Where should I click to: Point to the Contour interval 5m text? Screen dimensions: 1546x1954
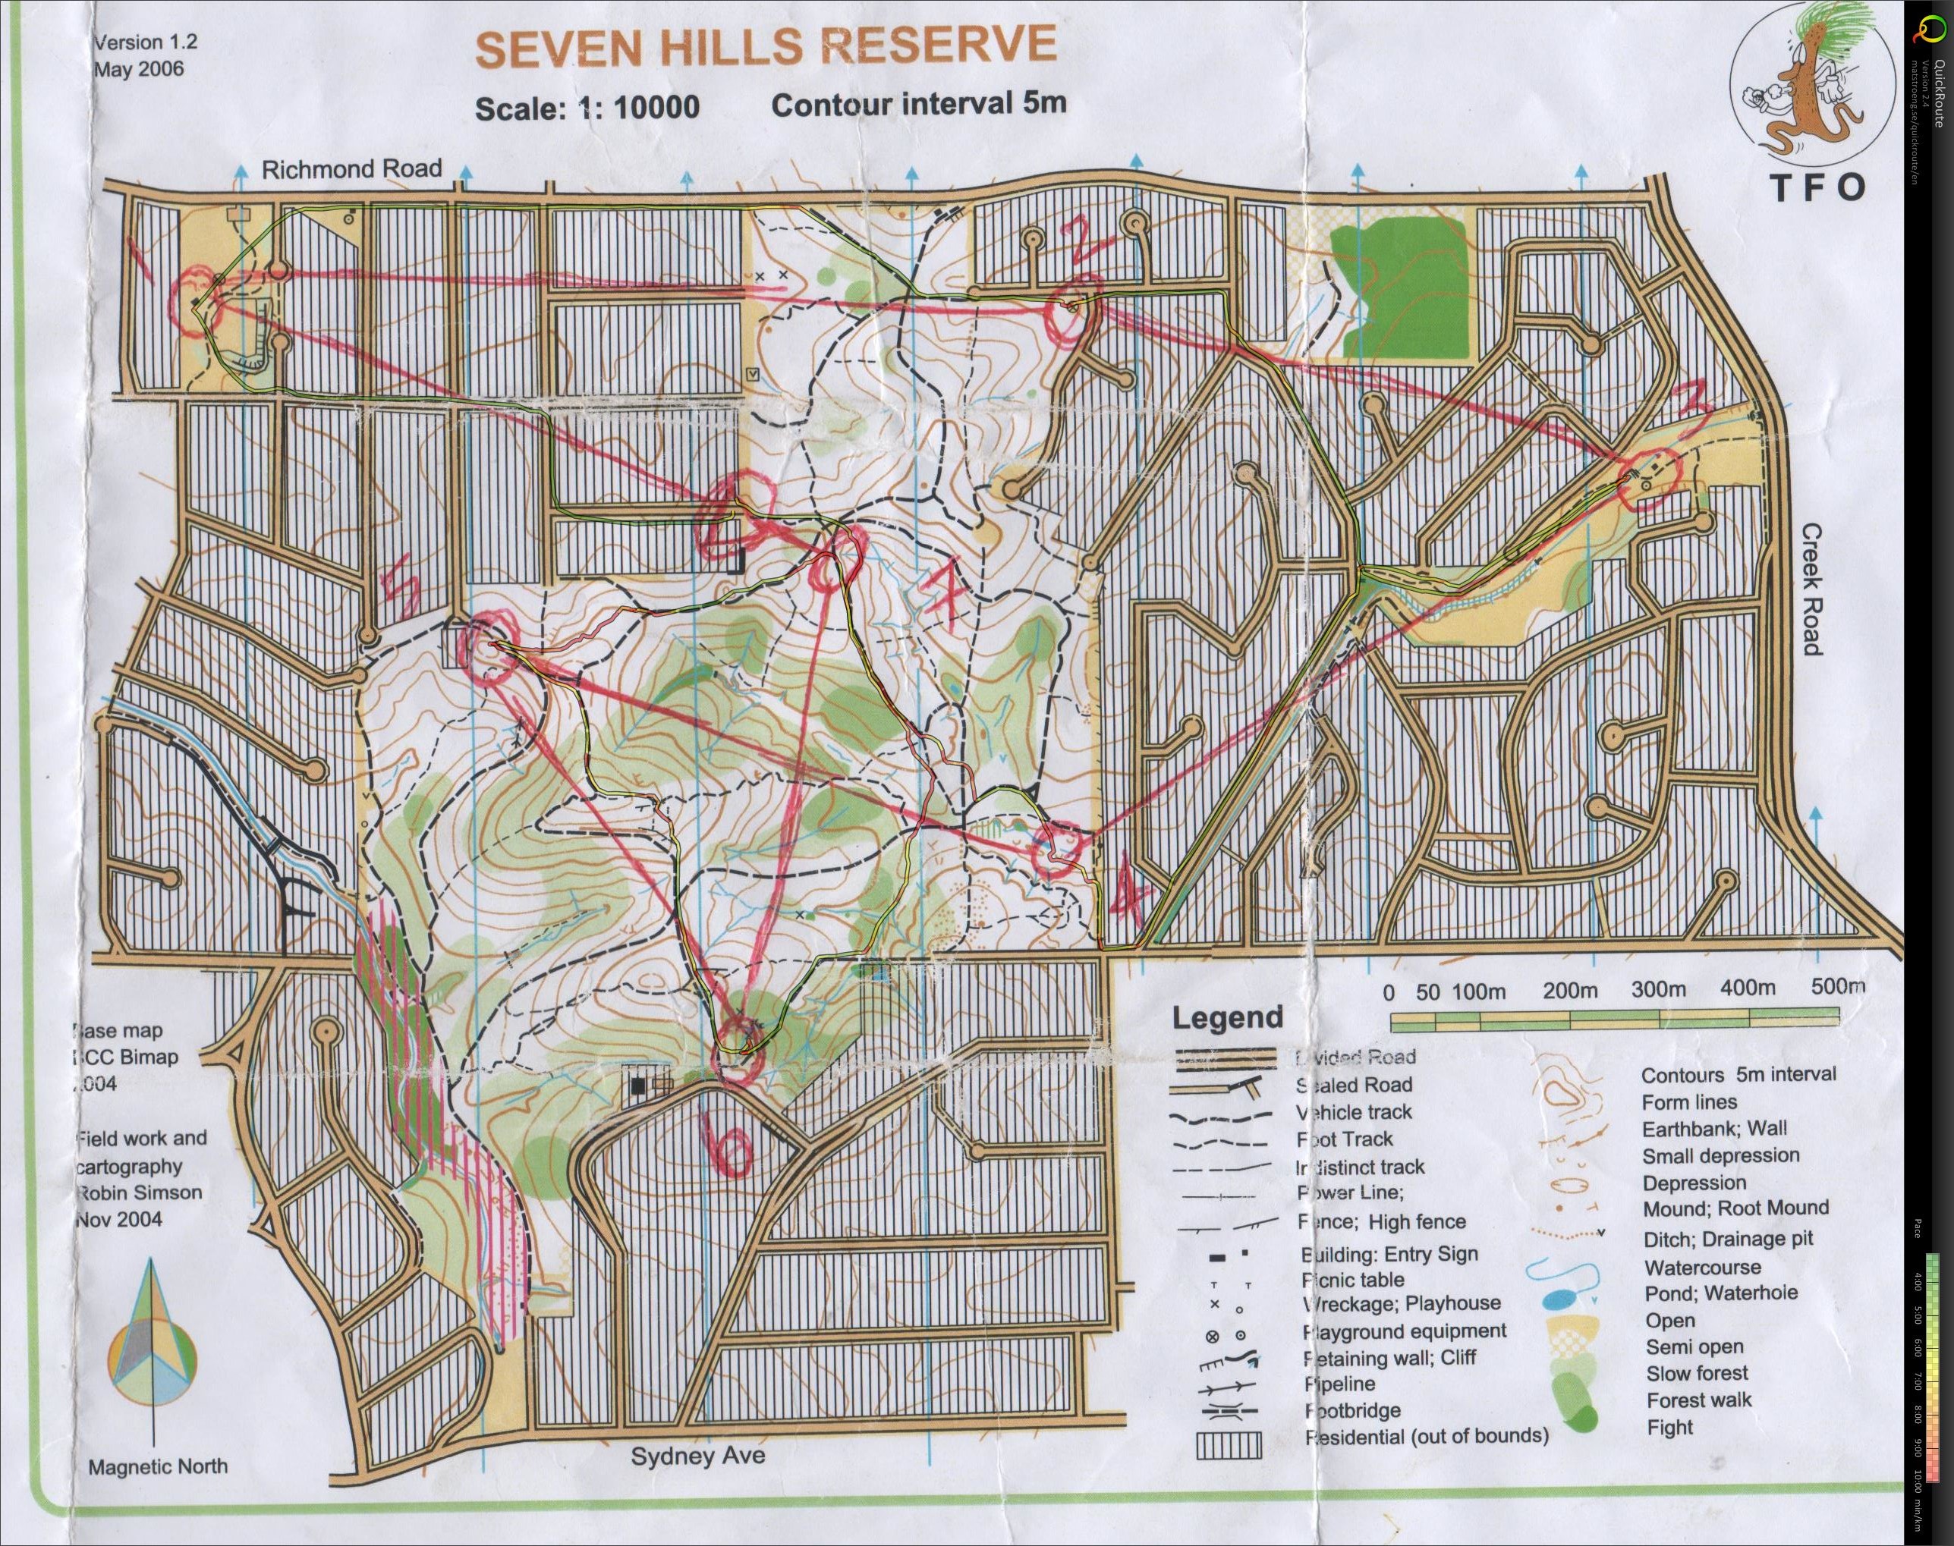918,103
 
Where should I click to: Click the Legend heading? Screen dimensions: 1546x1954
1228,1017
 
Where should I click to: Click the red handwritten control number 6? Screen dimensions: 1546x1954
734,1147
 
